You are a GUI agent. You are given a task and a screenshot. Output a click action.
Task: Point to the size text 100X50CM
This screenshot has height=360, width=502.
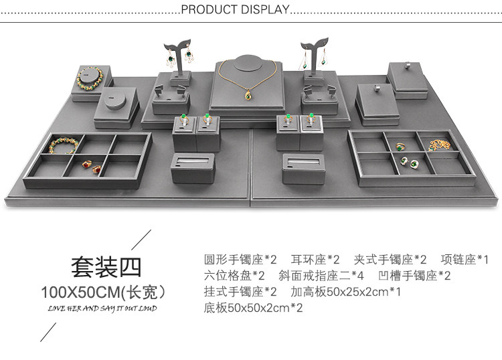coord(102,292)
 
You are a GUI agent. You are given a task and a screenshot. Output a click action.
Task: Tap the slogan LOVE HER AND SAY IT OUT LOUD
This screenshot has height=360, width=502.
coord(102,308)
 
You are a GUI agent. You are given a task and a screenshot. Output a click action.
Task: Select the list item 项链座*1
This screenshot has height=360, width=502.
coord(465,259)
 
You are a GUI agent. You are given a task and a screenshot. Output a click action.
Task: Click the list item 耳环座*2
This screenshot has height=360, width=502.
coord(316,259)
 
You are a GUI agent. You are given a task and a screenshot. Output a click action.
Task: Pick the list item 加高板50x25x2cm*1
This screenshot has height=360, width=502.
coord(346,292)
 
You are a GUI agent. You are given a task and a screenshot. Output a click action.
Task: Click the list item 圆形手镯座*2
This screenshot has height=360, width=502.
coord(240,259)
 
